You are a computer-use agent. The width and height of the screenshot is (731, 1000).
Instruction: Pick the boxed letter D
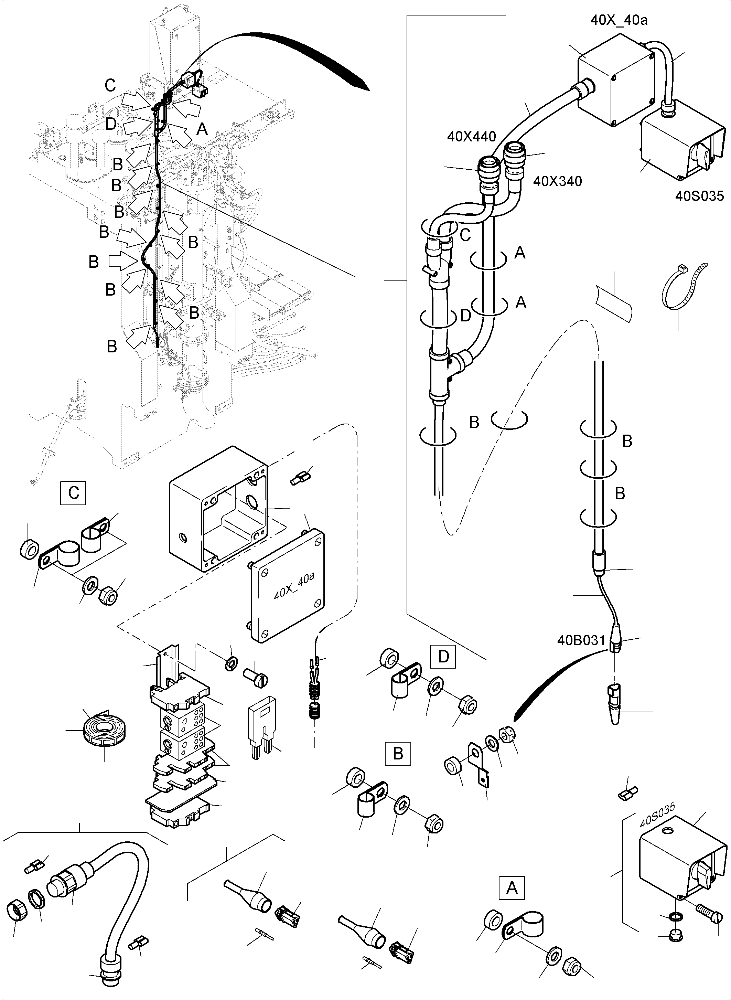(443, 657)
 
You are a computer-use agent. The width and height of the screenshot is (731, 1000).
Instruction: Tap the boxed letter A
(512, 897)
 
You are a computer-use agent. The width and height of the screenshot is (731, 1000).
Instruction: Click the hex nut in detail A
(572, 966)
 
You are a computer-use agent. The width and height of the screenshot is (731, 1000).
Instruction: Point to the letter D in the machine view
(111, 124)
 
